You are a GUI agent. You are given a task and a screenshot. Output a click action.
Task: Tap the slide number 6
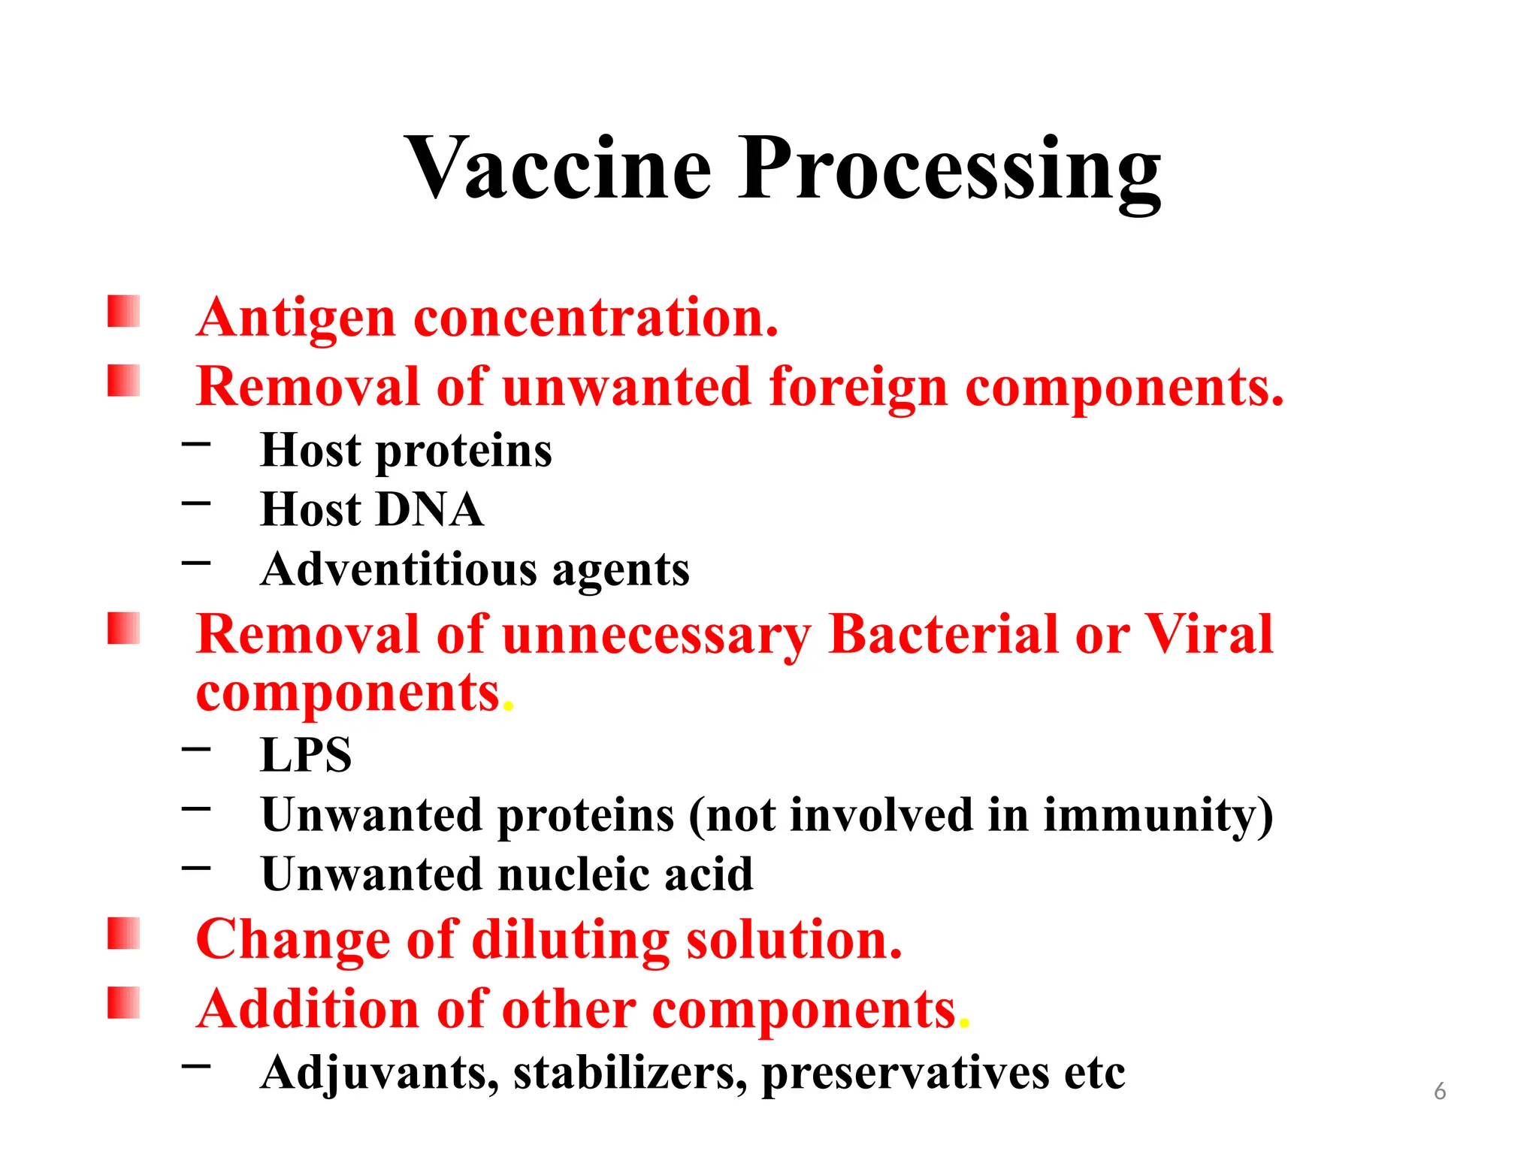pyautogui.click(x=1439, y=1091)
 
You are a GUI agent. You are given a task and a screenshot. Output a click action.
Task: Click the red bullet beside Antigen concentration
pyautogui.click(x=123, y=311)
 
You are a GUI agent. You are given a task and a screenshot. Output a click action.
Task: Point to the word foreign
pyautogui.click(x=857, y=388)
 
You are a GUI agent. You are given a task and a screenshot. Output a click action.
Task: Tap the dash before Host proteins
pyautogui.click(x=196, y=444)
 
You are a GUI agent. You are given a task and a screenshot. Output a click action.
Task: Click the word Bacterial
pyautogui.click(x=942, y=636)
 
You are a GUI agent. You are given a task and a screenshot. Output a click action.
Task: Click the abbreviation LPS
pyautogui.click(x=306, y=754)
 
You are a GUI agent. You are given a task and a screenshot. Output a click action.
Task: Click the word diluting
pyautogui.click(x=570, y=941)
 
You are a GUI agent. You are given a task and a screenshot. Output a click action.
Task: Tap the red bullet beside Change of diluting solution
pyautogui.click(x=123, y=933)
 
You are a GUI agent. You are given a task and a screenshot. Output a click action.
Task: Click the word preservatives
pyautogui.click(x=906, y=1073)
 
